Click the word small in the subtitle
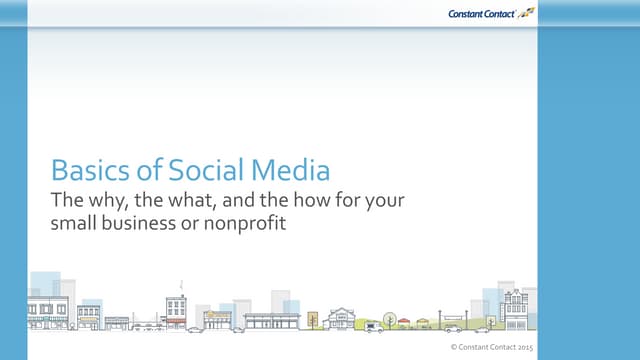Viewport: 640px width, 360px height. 73,223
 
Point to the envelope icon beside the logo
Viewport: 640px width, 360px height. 525,12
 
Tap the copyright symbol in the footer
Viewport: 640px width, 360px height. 454,346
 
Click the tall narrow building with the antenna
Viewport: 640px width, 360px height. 176,310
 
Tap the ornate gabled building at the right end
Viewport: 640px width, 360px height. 517,309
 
